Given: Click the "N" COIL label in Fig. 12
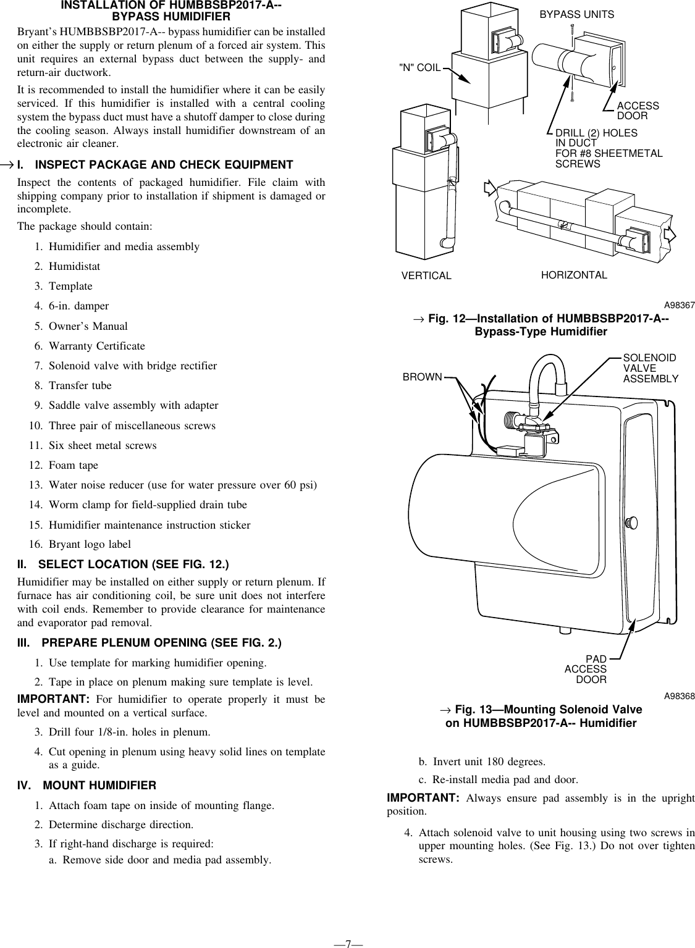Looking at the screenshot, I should [421, 67].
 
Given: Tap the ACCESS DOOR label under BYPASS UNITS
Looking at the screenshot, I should [638, 111].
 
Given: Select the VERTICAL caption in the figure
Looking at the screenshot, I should [426, 275].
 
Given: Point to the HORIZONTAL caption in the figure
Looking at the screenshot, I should [574, 275].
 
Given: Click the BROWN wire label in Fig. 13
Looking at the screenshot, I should [422, 377].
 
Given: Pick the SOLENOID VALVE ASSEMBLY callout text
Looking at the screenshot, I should [650, 369].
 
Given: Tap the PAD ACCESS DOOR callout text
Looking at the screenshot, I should [586, 669].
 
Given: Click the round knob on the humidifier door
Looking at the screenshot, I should [631, 522].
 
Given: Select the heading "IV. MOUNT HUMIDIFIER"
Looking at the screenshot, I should [86, 786].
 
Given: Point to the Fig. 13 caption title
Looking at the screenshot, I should [541, 716].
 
